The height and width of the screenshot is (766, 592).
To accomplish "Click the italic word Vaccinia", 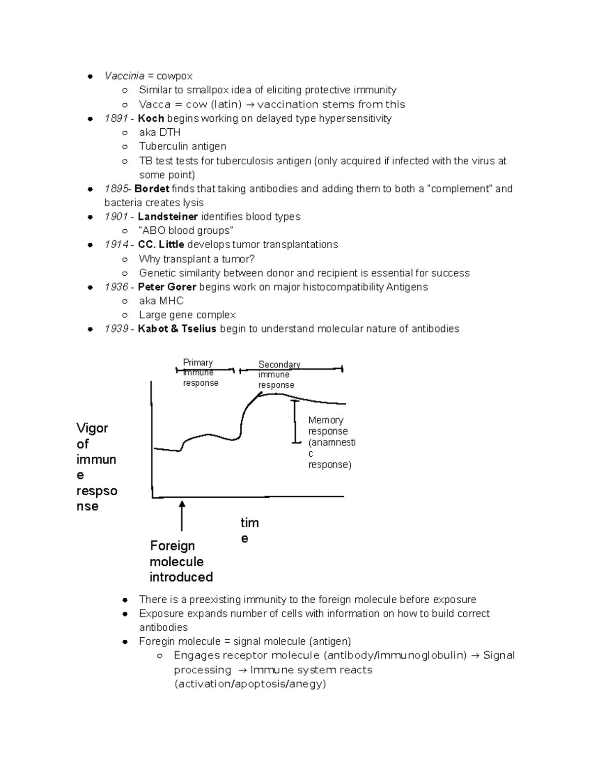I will [x=124, y=76].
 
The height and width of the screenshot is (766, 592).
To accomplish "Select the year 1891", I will [x=116, y=118].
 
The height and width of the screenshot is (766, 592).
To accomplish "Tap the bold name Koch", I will [x=150, y=118].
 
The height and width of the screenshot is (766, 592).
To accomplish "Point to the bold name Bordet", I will [x=151, y=189].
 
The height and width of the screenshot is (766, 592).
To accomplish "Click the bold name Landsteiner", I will [x=168, y=217].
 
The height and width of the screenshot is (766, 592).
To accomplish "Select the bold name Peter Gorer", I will [x=167, y=287].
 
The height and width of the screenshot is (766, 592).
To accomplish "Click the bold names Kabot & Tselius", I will [x=177, y=329].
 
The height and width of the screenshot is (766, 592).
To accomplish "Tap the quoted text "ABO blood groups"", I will [x=186, y=231].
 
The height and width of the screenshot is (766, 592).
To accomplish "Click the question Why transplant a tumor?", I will [x=196, y=259].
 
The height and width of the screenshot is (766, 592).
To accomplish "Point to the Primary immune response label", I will [x=200, y=373].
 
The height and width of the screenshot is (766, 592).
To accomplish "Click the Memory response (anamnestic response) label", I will [x=331, y=442].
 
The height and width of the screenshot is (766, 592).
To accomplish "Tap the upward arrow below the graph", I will [x=182, y=515].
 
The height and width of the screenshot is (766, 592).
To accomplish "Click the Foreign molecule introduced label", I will [x=181, y=561].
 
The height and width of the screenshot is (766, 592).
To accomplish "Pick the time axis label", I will [x=249, y=530].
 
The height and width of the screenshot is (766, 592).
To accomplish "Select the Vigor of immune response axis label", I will [x=96, y=467].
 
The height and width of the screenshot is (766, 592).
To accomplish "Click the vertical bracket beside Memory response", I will [x=295, y=422].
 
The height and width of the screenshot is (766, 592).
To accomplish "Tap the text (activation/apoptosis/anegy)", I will [x=250, y=684].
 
